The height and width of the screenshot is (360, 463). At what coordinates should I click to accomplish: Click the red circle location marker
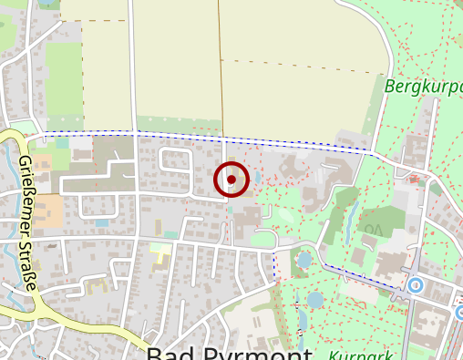pos(231,180)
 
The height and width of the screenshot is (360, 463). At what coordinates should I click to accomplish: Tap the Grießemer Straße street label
pos(27,222)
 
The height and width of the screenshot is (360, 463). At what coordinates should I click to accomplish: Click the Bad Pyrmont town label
pos(229,353)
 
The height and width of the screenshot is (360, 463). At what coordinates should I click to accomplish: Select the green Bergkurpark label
pos(424,87)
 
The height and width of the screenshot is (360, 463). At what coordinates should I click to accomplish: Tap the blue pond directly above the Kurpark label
pos(315,298)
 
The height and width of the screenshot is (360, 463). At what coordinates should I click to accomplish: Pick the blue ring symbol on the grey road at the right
pos(417,285)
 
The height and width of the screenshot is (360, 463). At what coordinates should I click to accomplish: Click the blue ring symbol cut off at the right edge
pos(458,313)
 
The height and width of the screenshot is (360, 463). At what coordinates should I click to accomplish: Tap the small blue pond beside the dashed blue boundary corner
pos(304,261)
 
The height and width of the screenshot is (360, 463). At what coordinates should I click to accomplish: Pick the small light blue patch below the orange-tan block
pos(101,222)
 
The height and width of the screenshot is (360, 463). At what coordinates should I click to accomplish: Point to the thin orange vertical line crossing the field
pos(221,73)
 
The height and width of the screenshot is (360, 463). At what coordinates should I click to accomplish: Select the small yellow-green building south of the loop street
pos(160,249)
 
